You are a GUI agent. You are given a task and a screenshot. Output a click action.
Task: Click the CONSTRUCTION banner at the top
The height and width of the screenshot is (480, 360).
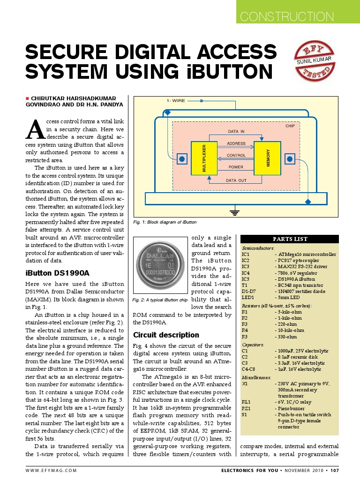(x=286, y=16)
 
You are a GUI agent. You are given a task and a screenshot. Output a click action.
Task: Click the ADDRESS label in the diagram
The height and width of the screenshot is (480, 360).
(x=236, y=143)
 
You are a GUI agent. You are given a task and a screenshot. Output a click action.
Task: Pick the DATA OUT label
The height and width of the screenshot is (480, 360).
(x=236, y=180)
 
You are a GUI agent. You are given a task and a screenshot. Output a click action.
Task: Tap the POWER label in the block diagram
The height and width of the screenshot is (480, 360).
(x=236, y=167)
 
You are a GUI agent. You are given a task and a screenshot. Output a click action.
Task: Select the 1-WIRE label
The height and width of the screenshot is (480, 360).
(x=176, y=101)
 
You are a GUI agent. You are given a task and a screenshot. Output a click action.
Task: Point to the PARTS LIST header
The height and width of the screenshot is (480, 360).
(x=291, y=239)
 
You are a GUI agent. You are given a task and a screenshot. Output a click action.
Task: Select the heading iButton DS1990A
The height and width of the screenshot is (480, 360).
(x=56, y=273)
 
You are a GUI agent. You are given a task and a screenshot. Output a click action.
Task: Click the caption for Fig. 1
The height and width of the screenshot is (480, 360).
(x=165, y=222)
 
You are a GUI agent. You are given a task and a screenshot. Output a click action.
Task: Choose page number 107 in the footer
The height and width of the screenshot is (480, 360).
(x=335, y=470)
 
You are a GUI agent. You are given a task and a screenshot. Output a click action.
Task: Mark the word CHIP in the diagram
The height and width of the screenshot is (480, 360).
(x=290, y=126)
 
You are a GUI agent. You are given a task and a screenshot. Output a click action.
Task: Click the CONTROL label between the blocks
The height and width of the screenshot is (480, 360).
(x=236, y=155)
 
